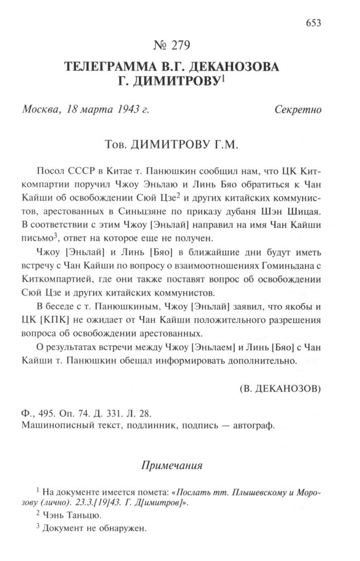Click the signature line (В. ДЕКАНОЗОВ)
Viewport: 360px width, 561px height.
click(x=280, y=388)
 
